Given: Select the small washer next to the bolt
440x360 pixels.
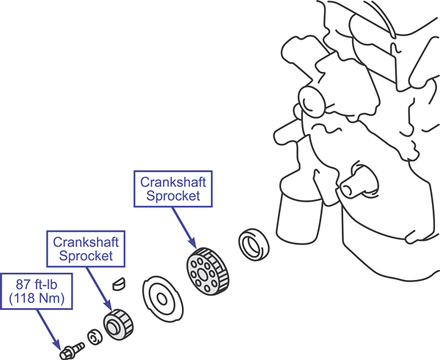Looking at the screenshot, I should point(93,337).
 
